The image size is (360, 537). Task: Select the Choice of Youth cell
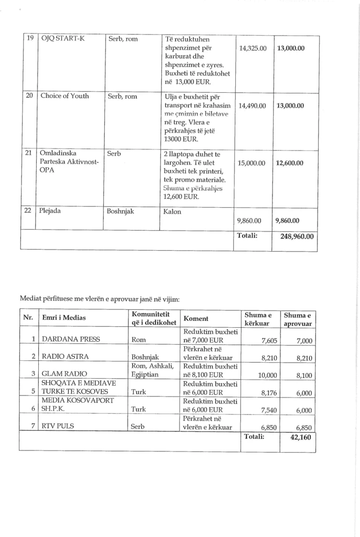coord(65,96)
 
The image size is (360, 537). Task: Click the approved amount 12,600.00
coord(290,163)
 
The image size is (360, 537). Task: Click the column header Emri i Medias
coord(64,318)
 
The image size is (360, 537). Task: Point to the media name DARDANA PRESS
coord(70,339)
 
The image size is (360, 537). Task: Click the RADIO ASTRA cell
coord(65,357)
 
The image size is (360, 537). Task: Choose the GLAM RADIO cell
coord(64,374)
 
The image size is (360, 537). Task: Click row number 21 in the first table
coord(29,153)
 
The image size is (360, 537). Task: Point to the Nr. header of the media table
coord(28,318)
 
